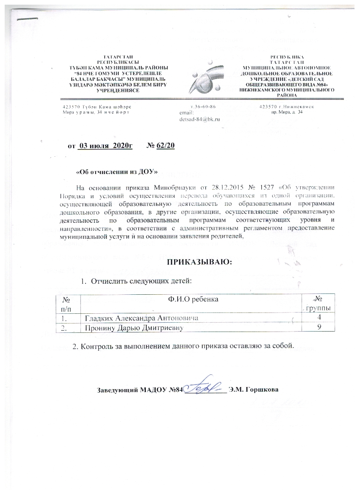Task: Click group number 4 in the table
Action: point(318,318)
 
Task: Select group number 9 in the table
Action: point(318,327)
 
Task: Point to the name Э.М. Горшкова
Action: point(253,390)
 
